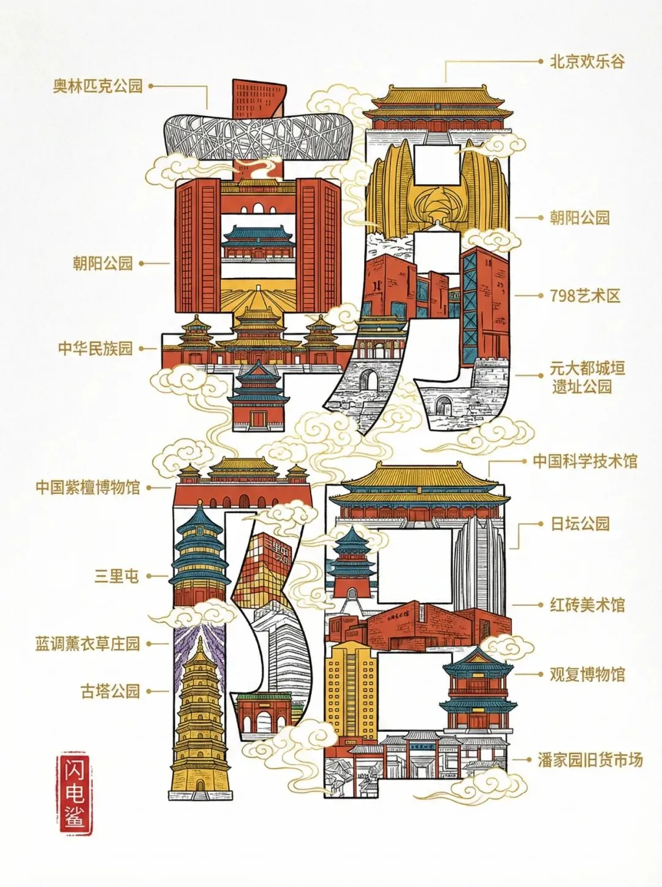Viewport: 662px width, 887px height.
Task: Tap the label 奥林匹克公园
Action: click(97, 85)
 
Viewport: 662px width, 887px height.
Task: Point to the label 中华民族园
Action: click(96, 348)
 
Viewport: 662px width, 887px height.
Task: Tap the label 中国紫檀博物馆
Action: click(88, 488)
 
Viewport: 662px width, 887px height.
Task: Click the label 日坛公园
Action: click(580, 524)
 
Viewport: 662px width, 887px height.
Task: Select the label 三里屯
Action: click(116, 576)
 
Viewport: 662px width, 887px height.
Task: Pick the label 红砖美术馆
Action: click(587, 605)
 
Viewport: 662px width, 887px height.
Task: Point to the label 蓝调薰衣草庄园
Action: click(88, 643)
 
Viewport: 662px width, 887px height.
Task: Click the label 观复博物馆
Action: click(587, 675)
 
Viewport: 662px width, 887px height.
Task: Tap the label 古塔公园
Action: click(110, 691)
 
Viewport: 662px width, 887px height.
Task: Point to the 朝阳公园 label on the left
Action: click(103, 264)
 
